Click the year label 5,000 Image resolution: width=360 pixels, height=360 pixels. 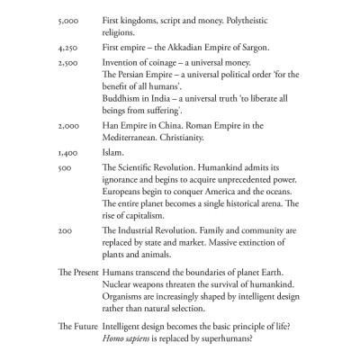tap(67, 19)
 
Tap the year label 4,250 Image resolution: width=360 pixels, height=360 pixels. tap(67, 47)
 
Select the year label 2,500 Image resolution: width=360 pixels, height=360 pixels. tap(67, 64)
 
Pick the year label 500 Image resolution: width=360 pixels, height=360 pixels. tap(63, 168)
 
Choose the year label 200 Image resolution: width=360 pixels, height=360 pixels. tap(63, 231)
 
